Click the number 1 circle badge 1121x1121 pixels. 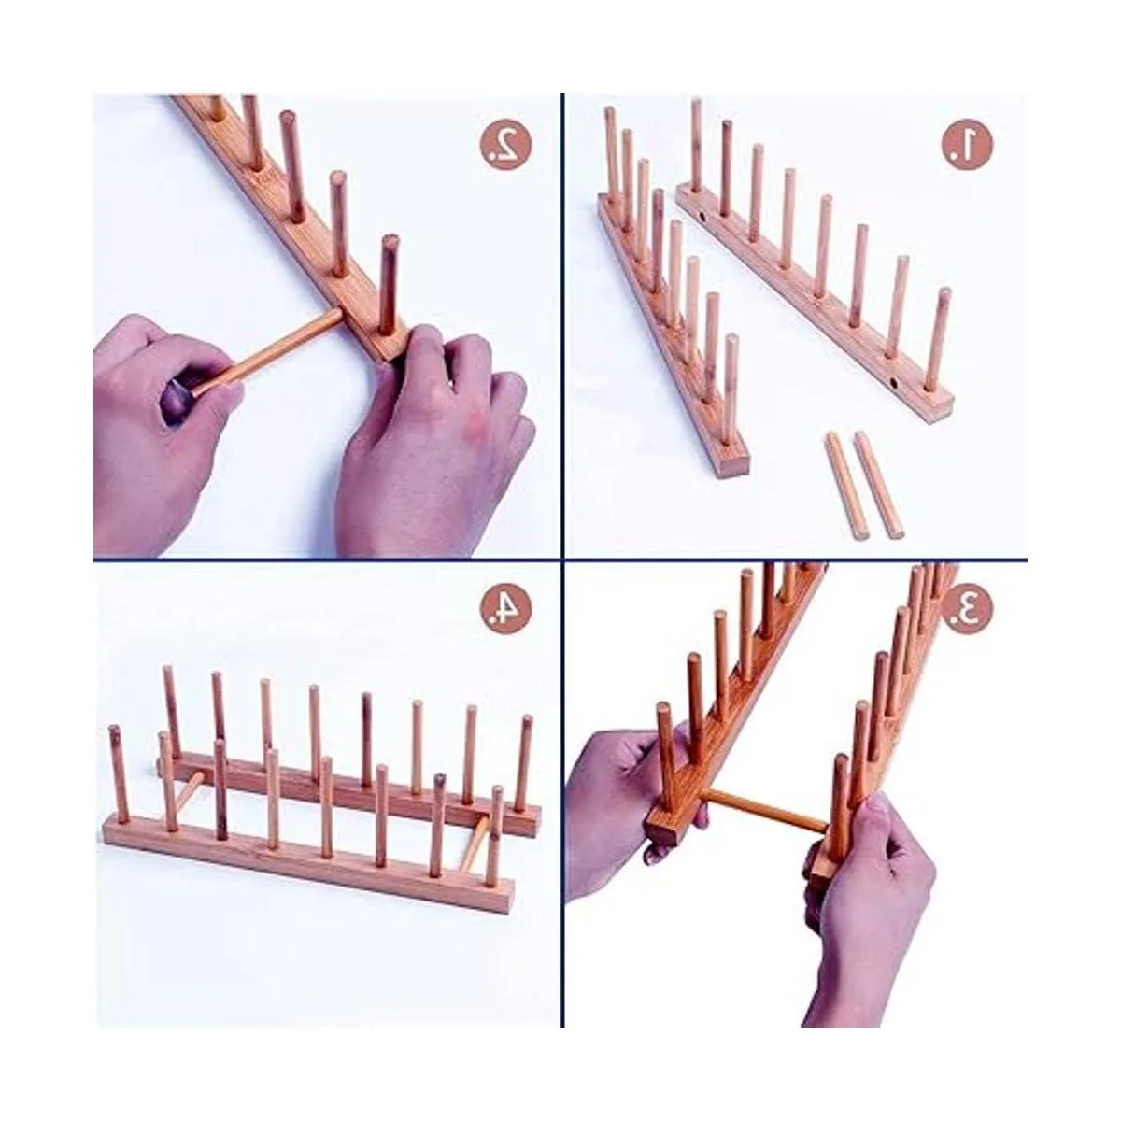point(967,143)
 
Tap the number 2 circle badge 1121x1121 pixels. point(505,144)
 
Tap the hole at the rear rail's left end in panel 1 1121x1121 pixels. point(702,219)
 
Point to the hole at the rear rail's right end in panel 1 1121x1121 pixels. point(894,384)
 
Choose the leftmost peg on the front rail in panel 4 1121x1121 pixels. point(119,774)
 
